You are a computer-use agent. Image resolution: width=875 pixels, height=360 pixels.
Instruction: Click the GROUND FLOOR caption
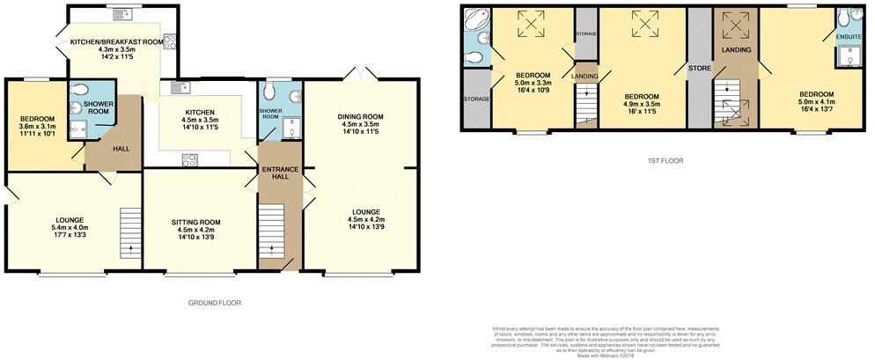pos(215,302)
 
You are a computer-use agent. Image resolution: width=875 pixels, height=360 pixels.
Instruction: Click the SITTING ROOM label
pos(195,222)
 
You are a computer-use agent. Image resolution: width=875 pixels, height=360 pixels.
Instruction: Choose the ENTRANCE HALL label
pos(279,173)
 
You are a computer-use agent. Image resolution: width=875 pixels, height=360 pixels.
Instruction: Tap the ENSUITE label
pos(848,36)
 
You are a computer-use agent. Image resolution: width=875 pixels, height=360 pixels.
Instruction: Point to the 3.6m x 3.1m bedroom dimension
pos(38,127)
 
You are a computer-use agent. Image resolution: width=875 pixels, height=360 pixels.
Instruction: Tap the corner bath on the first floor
pos(474,20)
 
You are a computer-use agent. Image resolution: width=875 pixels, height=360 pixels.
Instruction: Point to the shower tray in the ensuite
pos(850,57)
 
